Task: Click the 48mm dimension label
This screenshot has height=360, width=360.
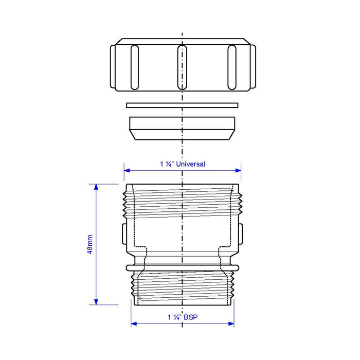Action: pos(90,244)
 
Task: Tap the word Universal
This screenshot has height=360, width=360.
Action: pos(191,164)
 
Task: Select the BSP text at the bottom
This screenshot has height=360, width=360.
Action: pos(191,317)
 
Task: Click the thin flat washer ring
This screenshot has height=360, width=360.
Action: pos(182,105)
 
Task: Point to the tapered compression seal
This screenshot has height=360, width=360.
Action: pos(182,129)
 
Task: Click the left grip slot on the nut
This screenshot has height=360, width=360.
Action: pos(135,67)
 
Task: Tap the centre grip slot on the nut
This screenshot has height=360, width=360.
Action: pos(182,67)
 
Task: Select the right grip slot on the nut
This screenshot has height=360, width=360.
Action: pos(232,67)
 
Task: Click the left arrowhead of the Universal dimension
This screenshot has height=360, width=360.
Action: pos(127,170)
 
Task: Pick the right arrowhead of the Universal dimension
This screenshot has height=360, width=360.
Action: pos(238,170)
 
